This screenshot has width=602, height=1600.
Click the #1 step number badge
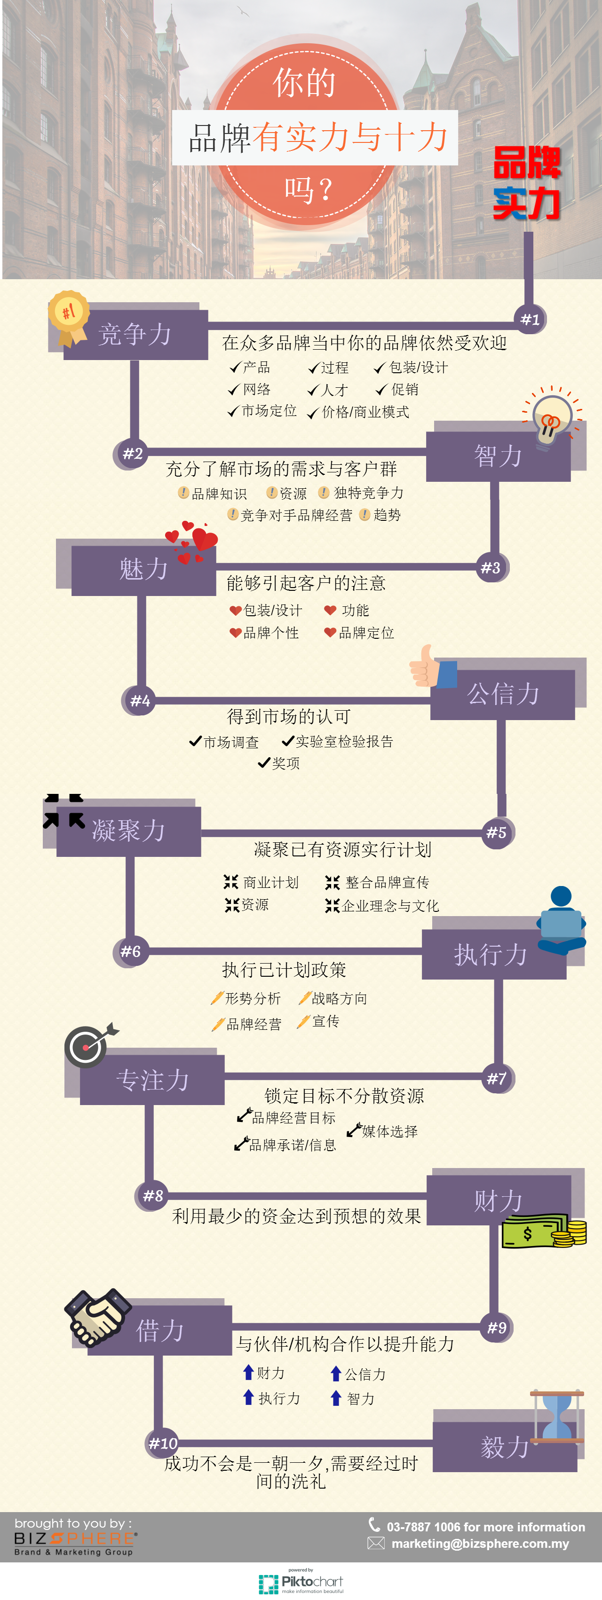pyautogui.click(x=530, y=319)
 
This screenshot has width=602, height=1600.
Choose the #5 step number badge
pyautogui.click(x=496, y=832)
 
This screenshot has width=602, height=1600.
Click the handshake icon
pyautogui.click(x=97, y=1316)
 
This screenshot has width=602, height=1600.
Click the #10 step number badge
pyautogui.click(x=163, y=1443)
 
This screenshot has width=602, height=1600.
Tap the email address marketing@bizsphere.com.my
pyautogui.click(x=480, y=1544)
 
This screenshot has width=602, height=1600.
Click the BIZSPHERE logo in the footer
pyautogui.click(x=75, y=1538)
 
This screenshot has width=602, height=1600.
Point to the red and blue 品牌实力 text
pyautogui.click(x=527, y=183)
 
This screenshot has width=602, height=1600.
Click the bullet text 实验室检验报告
pyautogui.click(x=343, y=741)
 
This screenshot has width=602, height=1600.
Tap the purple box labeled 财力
pyautogui.click(x=498, y=1200)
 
